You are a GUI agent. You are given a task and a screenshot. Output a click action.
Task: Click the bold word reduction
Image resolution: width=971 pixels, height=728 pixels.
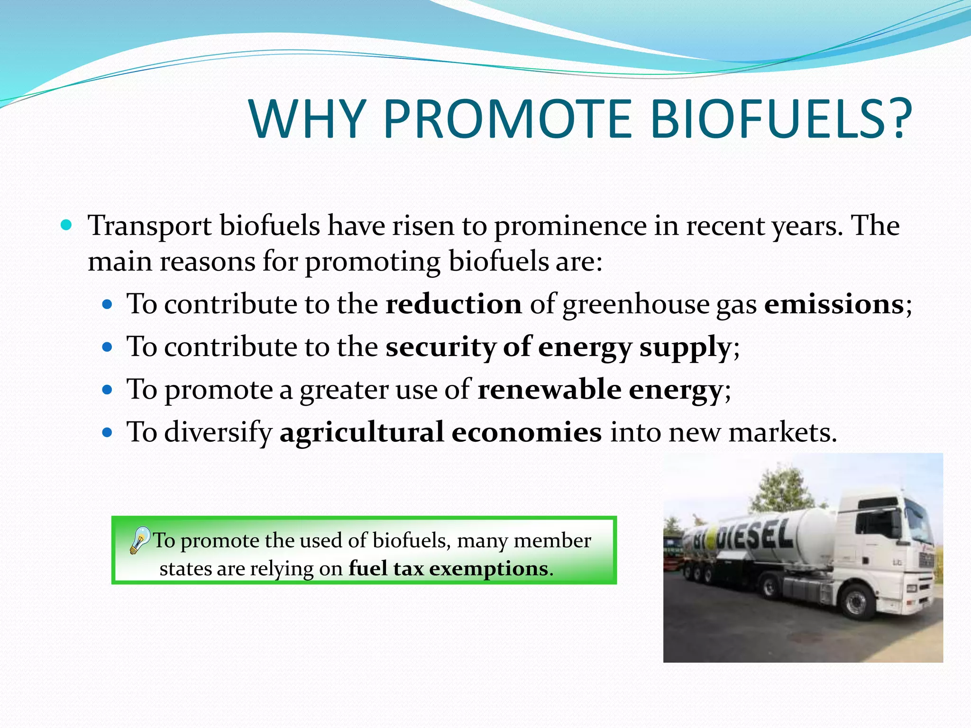tap(454, 304)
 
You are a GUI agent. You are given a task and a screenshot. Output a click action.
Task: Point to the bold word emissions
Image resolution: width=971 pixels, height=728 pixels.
tap(834, 304)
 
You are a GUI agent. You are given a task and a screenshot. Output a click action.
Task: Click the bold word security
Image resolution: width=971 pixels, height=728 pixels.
tap(440, 346)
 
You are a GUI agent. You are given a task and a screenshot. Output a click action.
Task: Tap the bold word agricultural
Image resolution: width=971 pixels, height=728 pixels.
tap(362, 432)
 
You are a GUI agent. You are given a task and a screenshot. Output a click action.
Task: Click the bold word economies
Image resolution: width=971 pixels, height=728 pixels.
tap(526, 432)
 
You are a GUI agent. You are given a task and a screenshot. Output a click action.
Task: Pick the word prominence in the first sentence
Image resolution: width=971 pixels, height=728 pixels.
tap(570, 226)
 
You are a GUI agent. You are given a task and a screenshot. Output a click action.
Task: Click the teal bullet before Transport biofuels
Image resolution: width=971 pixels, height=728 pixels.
tap(67, 224)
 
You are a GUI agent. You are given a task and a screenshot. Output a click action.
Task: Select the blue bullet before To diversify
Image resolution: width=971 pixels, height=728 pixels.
tap(108, 432)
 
